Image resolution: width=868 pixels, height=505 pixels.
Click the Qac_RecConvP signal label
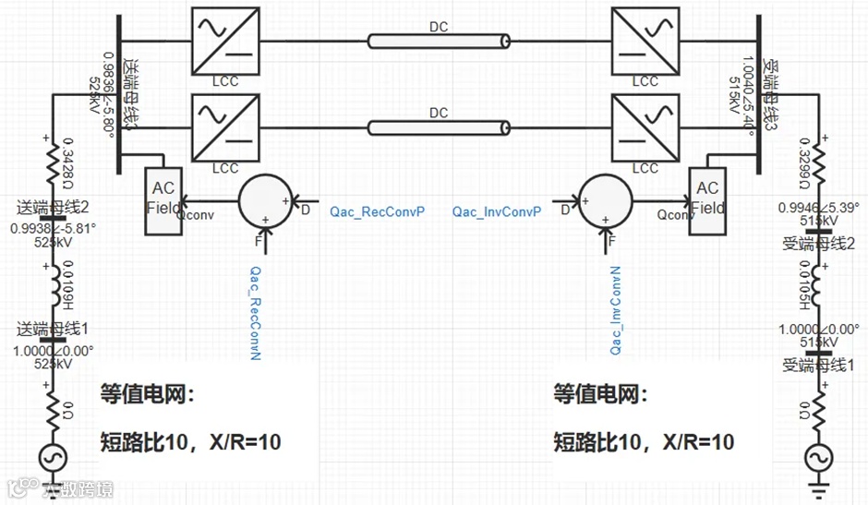coord(377,212)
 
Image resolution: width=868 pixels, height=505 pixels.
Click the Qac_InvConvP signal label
coord(496,212)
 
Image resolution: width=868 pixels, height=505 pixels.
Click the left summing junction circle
coord(266,200)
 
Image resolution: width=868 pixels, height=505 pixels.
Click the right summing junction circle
coord(607,200)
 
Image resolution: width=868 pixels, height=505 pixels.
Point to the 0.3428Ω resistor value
coord(66,160)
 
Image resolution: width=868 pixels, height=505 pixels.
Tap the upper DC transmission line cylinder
coord(439,41)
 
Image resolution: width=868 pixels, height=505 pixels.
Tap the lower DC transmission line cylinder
coord(439,126)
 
